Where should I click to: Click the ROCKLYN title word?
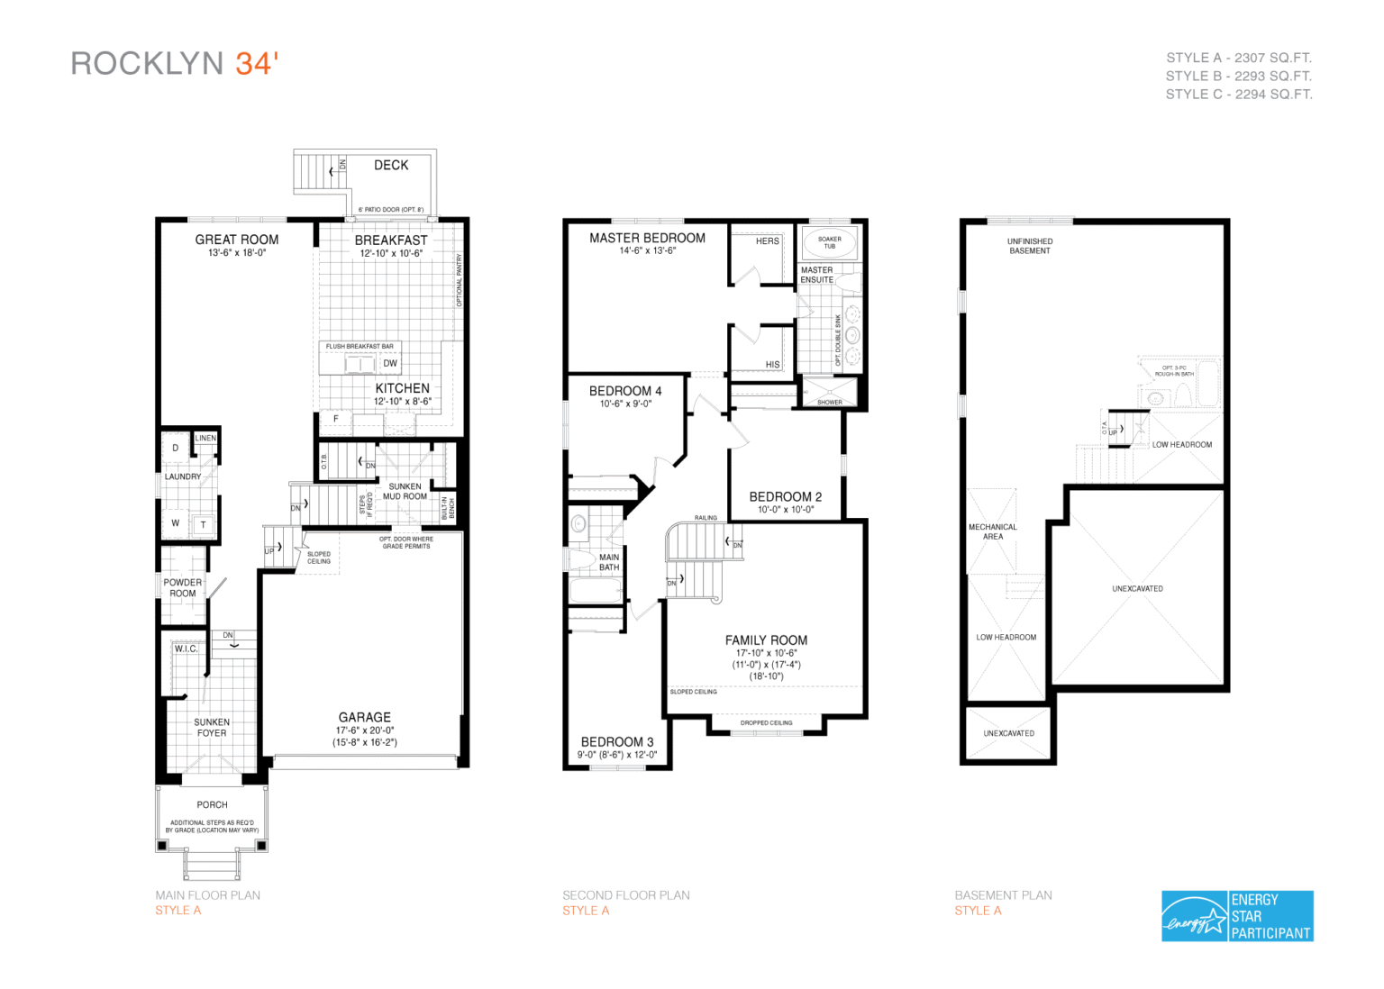pyautogui.click(x=147, y=64)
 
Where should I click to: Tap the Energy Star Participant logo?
pyautogui.click(x=1237, y=916)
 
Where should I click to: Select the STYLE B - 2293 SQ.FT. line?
pyautogui.click(x=1238, y=76)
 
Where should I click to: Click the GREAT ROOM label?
pyautogui.click(x=237, y=240)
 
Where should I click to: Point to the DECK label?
pyautogui.click(x=391, y=165)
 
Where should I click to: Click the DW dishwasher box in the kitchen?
pyautogui.click(x=390, y=364)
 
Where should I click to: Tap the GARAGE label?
pyautogui.click(x=365, y=717)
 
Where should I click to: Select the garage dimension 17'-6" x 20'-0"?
pyautogui.click(x=365, y=730)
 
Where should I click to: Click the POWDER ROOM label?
pyautogui.click(x=183, y=588)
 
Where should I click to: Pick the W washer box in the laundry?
pyautogui.click(x=176, y=523)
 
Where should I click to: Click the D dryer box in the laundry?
pyautogui.click(x=176, y=448)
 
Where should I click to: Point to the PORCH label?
pyautogui.click(x=213, y=805)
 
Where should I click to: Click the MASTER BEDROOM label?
pyautogui.click(x=647, y=238)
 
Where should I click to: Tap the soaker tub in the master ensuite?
pyautogui.click(x=830, y=243)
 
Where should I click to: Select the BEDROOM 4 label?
pyautogui.click(x=625, y=391)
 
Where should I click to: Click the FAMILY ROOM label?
pyautogui.click(x=766, y=640)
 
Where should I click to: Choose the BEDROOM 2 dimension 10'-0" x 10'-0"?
pyautogui.click(x=786, y=510)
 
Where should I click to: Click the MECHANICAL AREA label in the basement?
pyautogui.click(x=993, y=531)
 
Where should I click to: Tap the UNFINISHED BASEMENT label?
pyautogui.click(x=1030, y=246)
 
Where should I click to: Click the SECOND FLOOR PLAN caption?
pyautogui.click(x=626, y=895)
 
